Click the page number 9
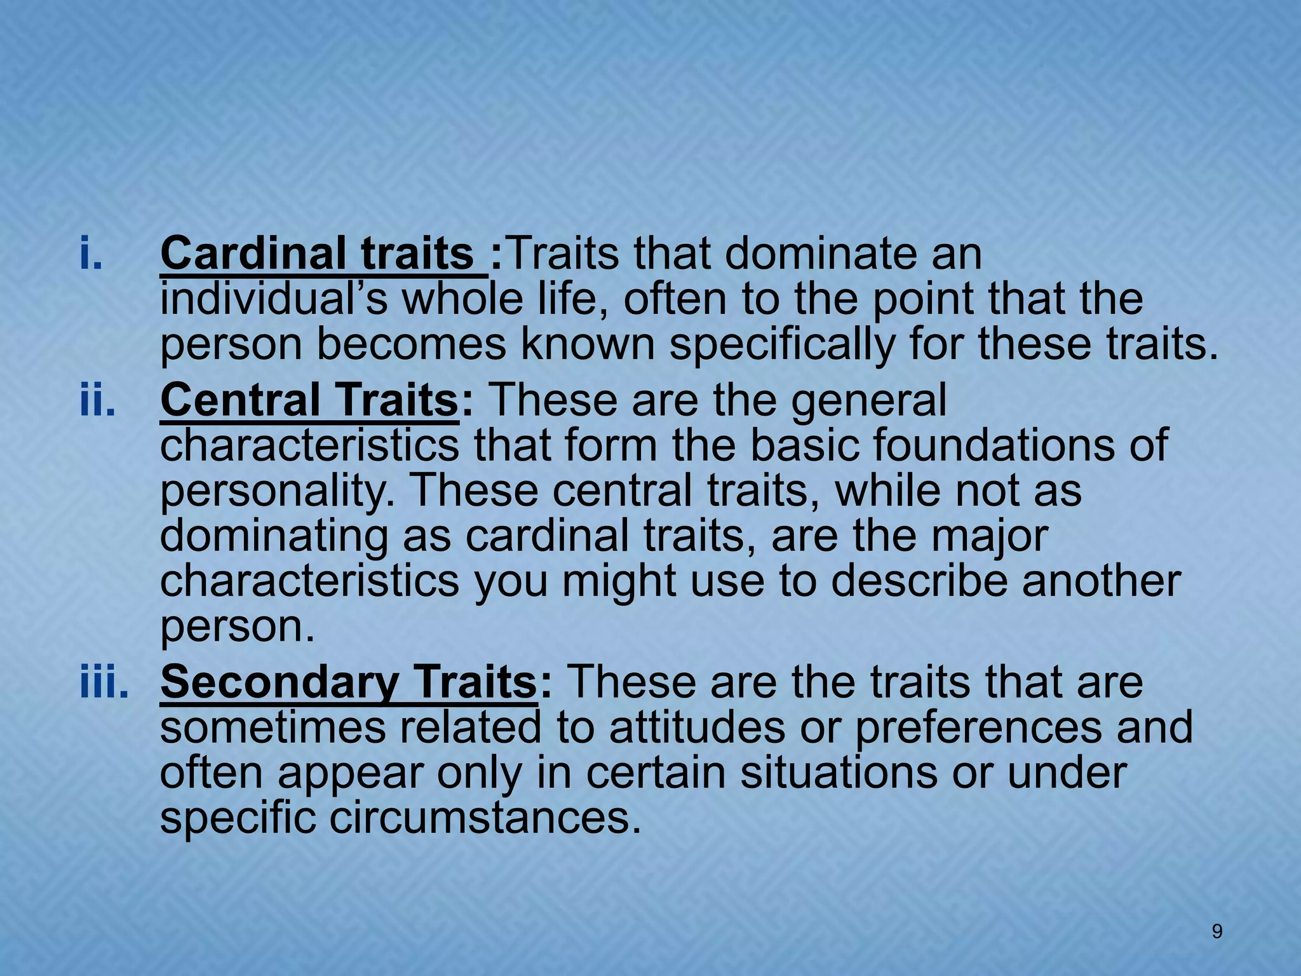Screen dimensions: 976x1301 1217,932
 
